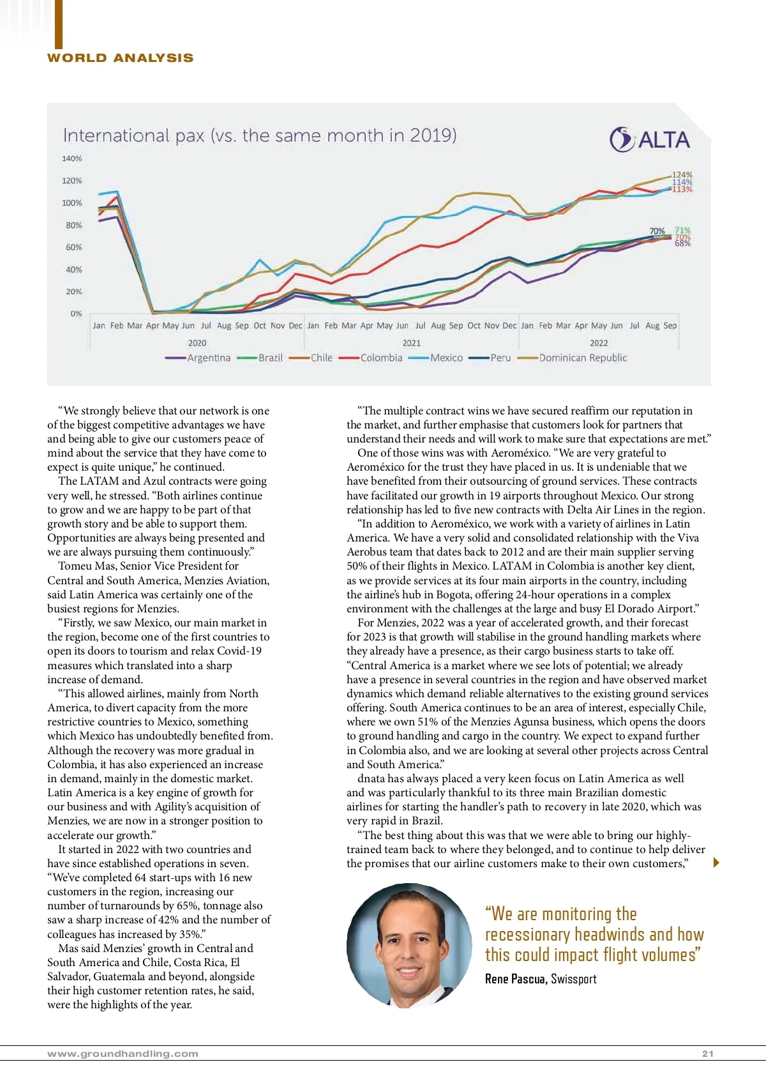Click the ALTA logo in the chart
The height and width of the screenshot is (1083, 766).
650,140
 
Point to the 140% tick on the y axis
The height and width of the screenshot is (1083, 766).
72,158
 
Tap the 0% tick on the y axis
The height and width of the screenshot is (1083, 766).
76,314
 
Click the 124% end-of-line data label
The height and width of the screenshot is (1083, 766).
682,174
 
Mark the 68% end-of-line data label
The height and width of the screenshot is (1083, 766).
682,243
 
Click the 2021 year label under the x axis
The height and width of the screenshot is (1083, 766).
412,343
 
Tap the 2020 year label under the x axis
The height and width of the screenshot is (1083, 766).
197,343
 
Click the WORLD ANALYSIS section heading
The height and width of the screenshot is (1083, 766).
120,58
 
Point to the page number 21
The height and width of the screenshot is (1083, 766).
707,1054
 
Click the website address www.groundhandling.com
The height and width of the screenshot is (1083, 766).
123,1054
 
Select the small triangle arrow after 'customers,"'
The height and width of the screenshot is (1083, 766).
716,863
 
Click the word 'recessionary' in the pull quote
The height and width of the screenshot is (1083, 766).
527,935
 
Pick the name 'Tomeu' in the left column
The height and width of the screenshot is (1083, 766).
74,566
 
